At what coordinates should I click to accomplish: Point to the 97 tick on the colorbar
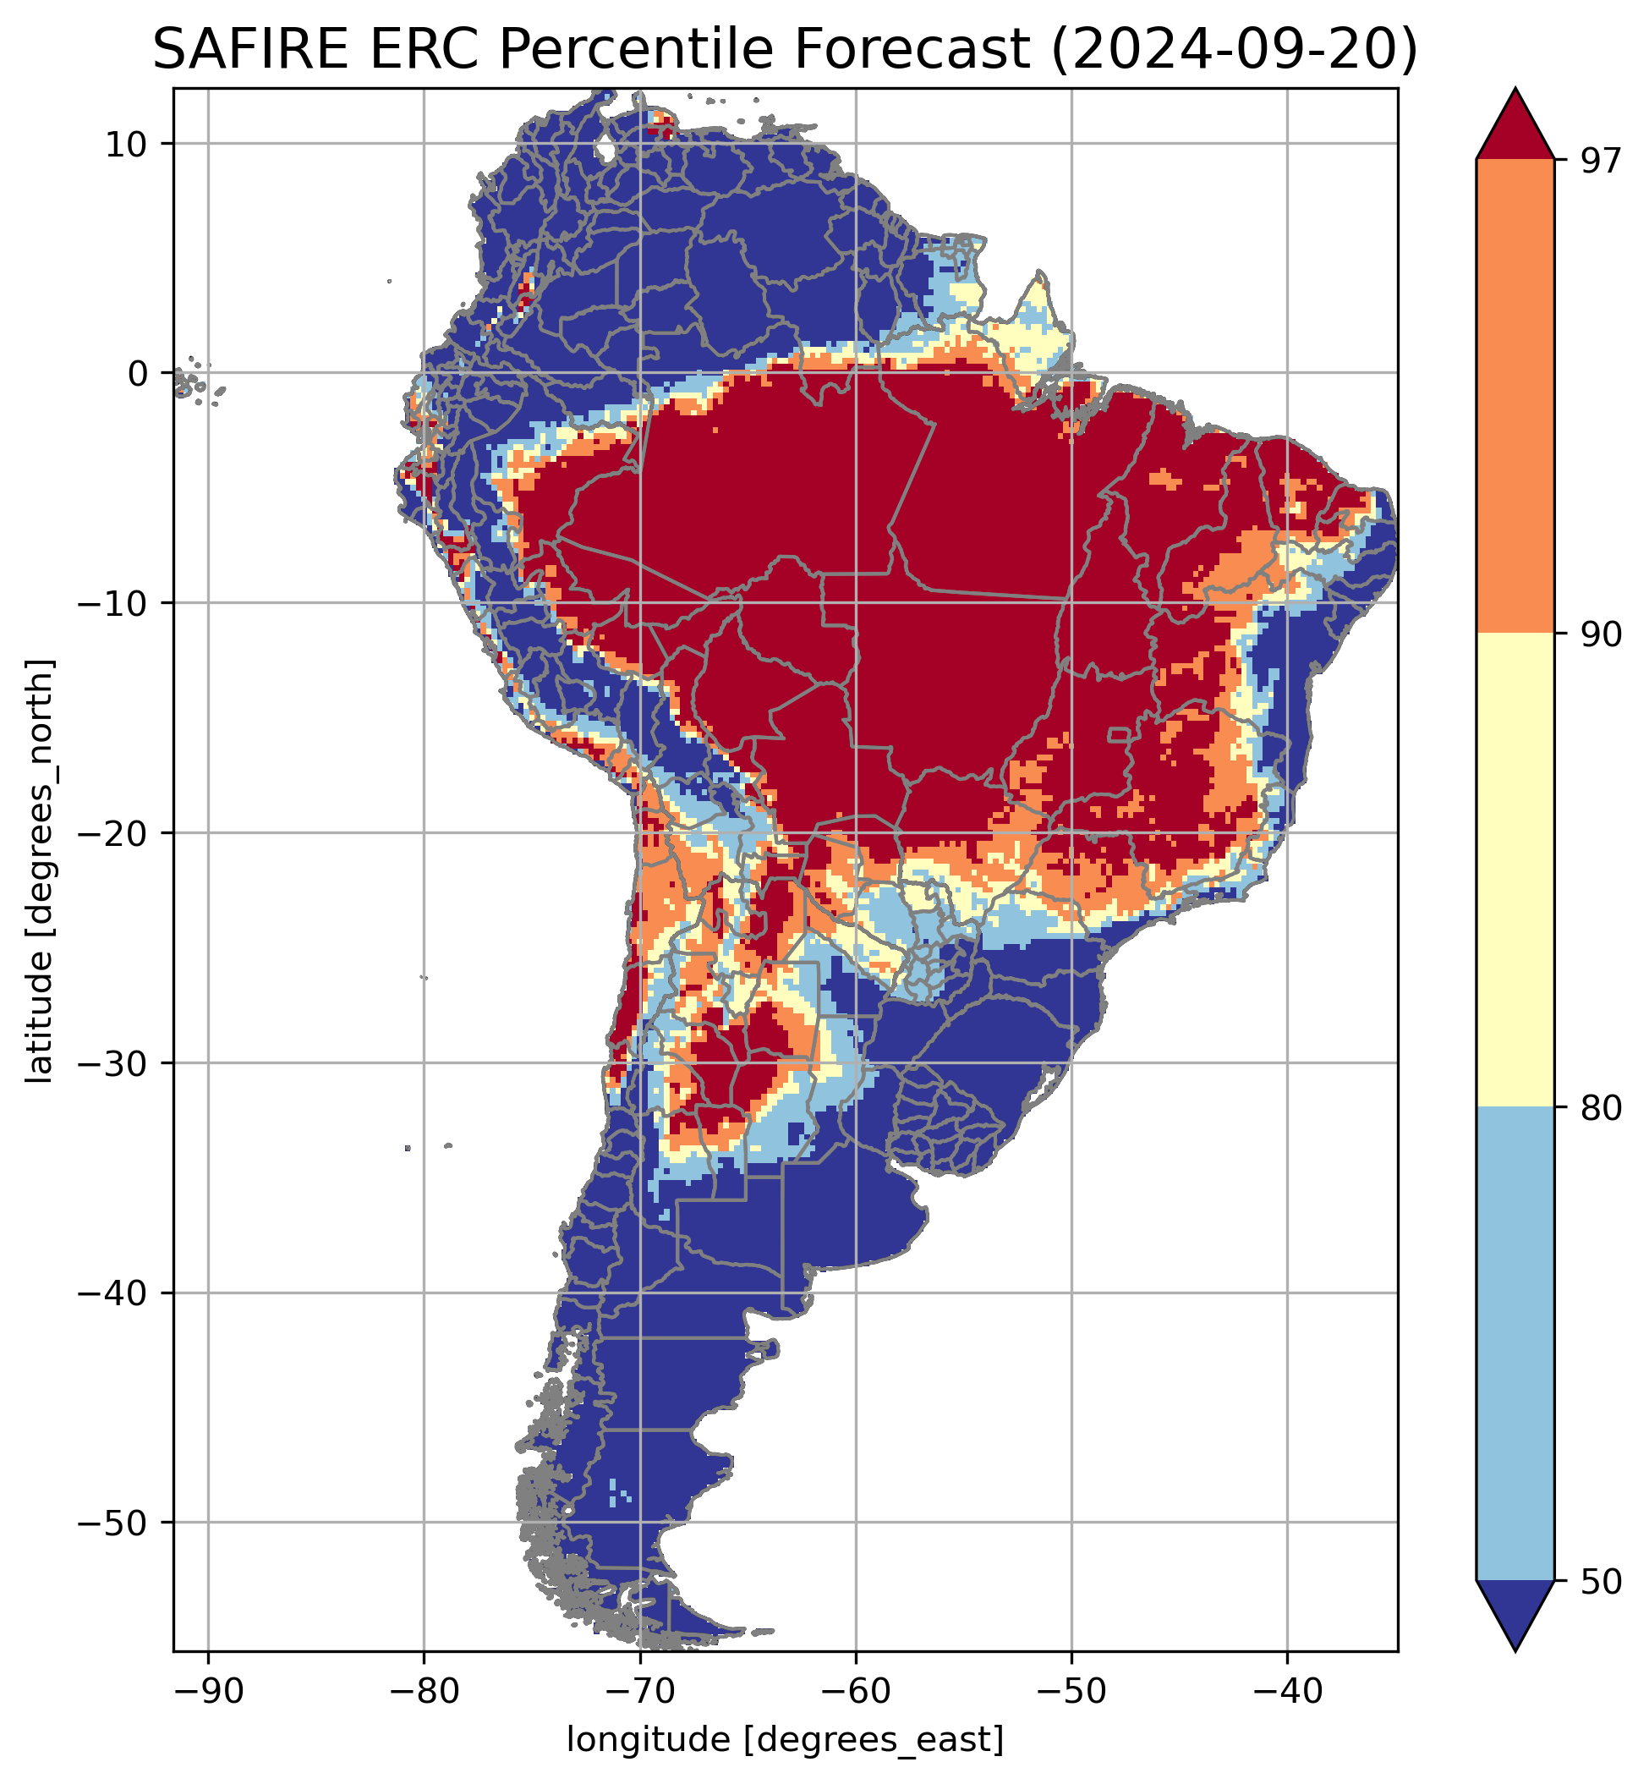[x=1599, y=161]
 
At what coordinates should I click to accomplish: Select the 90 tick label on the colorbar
[x=1599, y=634]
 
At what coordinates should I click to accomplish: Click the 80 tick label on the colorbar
[x=1599, y=1107]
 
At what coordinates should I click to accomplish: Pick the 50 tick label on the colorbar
[x=1599, y=1580]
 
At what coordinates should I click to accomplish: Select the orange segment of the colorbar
[x=1515, y=397]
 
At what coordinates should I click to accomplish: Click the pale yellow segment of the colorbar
[x=1515, y=870]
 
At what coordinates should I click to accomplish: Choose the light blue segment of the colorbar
[x=1515, y=1343]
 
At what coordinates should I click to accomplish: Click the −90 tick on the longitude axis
[x=208, y=1688]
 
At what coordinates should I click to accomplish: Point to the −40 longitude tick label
[x=1287, y=1688]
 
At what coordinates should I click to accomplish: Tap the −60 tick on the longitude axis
[x=856, y=1688]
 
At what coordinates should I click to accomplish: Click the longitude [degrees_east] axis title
[x=786, y=1739]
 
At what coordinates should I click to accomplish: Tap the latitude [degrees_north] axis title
[x=39, y=871]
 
